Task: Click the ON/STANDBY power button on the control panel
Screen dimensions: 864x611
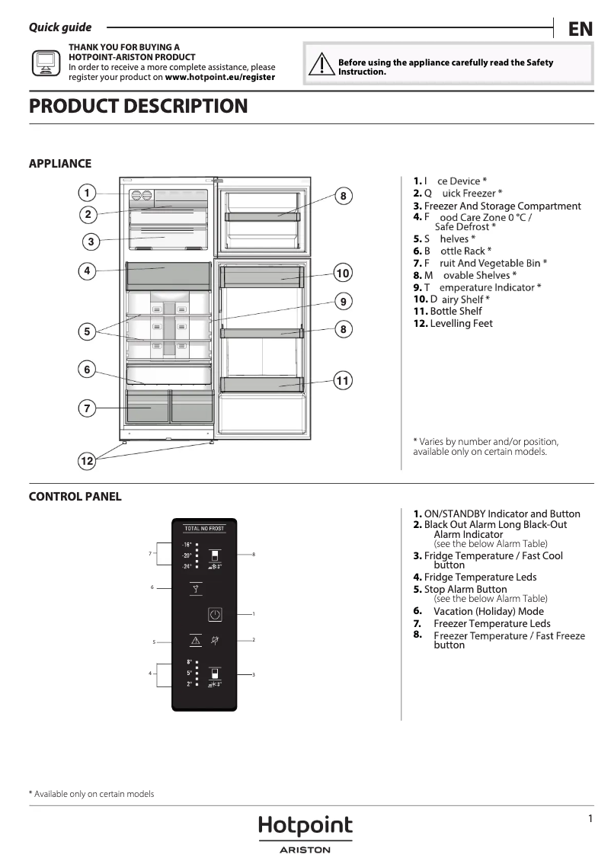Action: coord(215,614)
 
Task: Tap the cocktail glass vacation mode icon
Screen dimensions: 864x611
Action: coord(196,588)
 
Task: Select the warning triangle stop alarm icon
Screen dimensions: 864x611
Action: coord(196,641)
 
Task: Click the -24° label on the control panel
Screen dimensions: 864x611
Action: coord(187,567)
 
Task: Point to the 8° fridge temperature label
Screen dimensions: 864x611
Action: coord(189,662)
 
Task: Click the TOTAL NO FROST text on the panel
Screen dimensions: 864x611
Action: coord(203,528)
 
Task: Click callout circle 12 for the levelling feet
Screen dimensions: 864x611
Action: coord(87,461)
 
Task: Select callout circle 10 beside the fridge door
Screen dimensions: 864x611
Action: coord(343,273)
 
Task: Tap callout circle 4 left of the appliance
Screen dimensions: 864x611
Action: coord(88,270)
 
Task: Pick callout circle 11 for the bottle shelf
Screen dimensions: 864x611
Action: coord(343,380)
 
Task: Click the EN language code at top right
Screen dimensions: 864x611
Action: coord(580,29)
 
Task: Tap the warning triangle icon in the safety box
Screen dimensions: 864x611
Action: coord(322,66)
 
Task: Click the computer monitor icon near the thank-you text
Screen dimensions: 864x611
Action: coord(45,62)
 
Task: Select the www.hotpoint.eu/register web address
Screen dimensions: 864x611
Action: coord(220,77)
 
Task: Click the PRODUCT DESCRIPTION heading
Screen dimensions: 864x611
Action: coord(138,106)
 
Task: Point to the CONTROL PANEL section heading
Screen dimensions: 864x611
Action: coord(75,497)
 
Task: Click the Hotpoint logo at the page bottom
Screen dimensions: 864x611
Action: coord(305,826)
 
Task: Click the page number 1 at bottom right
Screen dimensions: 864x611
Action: coord(590,818)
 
